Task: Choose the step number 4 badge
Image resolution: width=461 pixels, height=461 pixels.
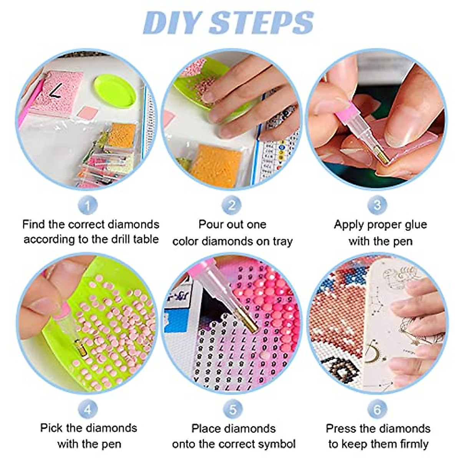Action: (x=88, y=410)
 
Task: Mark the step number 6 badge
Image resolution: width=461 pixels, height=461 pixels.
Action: (x=377, y=410)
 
